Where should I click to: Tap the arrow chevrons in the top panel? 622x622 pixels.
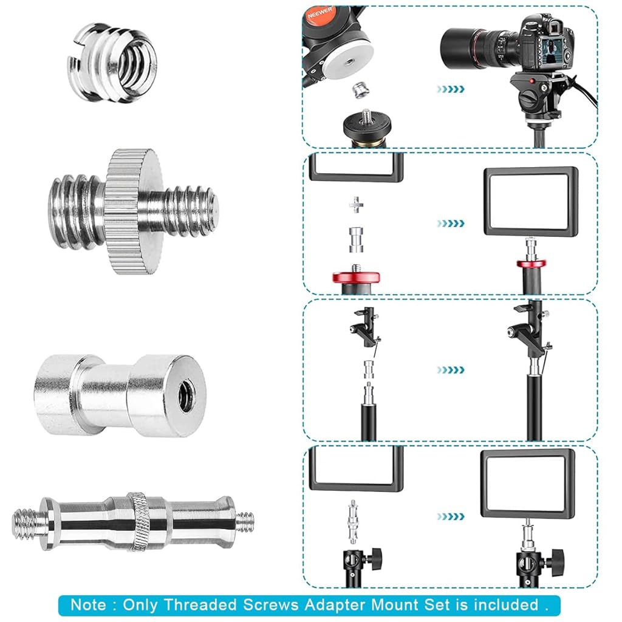[451, 89]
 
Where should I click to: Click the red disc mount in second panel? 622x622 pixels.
[356, 278]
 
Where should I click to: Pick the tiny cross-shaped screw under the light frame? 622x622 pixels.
[355, 205]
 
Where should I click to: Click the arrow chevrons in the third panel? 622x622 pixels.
[451, 369]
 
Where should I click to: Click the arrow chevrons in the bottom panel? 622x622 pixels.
[451, 516]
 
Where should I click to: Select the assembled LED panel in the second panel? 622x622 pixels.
[531, 202]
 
